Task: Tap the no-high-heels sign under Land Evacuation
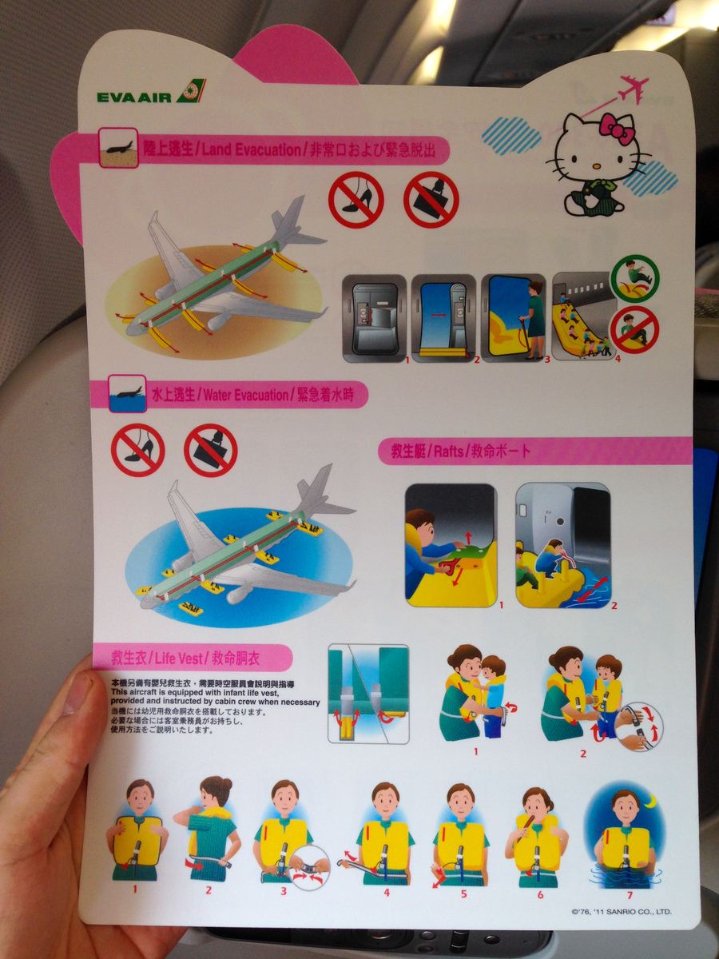click(x=356, y=200)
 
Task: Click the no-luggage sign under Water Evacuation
click(x=210, y=450)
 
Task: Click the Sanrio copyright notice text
click(x=622, y=911)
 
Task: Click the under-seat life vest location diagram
click(x=367, y=692)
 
